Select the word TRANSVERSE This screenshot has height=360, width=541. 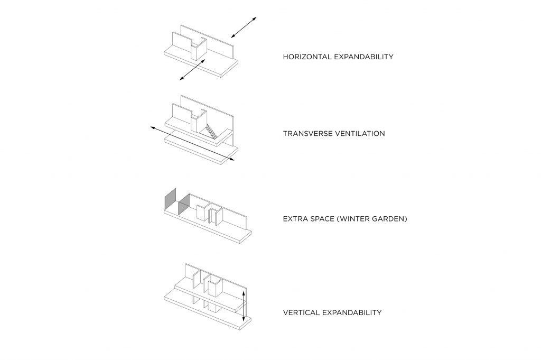[x=307, y=134]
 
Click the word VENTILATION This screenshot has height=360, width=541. [x=359, y=134]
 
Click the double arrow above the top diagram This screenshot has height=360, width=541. [x=244, y=27]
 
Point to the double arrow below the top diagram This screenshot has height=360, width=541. [x=192, y=70]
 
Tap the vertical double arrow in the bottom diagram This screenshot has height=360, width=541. [x=244, y=306]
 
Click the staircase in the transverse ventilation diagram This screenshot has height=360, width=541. [x=212, y=132]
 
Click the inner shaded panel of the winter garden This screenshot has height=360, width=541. [x=184, y=204]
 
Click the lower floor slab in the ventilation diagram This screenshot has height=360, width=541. [x=201, y=149]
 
